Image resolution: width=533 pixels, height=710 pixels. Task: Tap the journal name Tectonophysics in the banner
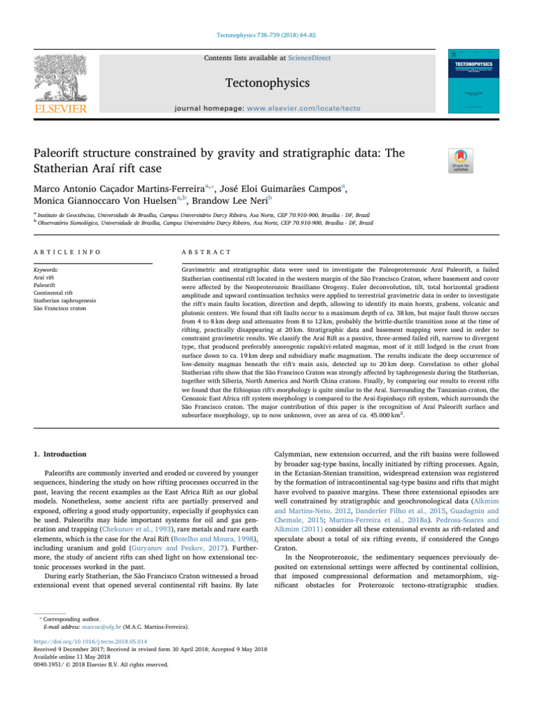(x=266, y=83)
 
